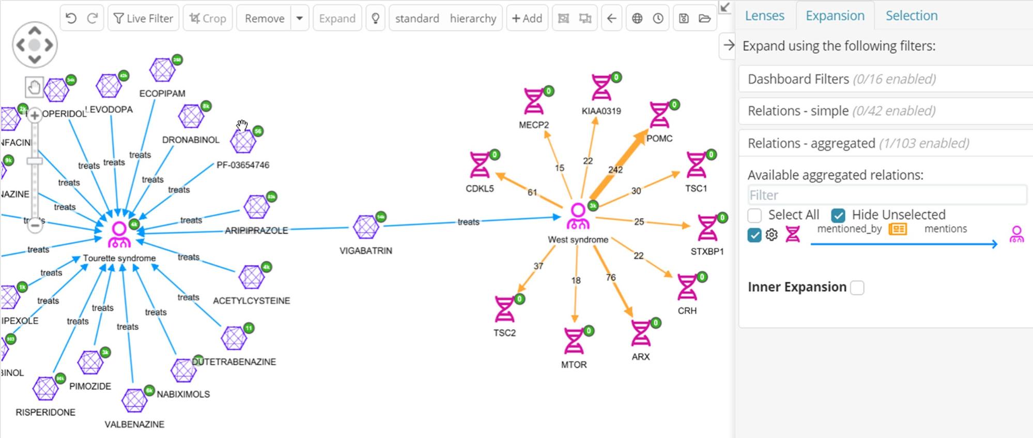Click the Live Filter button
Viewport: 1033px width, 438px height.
coord(143,19)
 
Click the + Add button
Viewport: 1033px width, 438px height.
coord(527,19)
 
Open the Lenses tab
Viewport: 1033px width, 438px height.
coord(764,16)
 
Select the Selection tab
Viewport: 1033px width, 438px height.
coord(911,16)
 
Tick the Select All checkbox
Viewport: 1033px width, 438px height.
coord(754,215)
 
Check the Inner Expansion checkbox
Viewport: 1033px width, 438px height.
coord(857,288)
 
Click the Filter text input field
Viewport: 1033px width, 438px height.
coord(886,195)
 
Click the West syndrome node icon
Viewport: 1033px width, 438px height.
coord(578,216)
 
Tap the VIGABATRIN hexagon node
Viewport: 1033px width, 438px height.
coord(366,227)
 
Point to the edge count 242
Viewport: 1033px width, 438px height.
coord(615,170)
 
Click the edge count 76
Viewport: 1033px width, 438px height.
coord(611,278)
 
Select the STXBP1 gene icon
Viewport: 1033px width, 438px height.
coord(707,228)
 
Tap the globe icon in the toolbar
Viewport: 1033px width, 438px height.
coord(637,19)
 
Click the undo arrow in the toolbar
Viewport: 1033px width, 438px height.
coord(71,19)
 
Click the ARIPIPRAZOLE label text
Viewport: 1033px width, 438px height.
coord(256,231)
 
